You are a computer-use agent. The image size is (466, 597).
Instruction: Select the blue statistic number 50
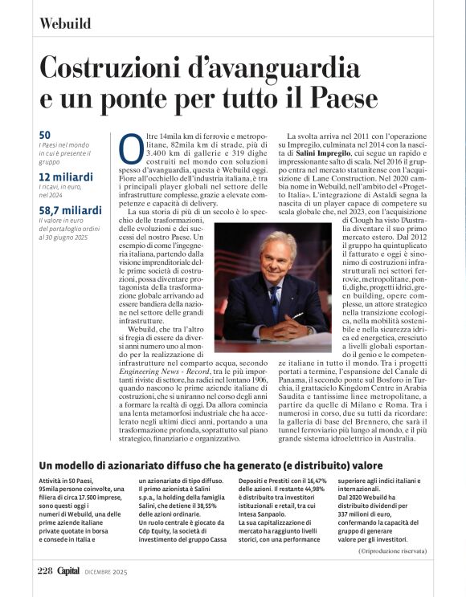pos(45,135)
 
